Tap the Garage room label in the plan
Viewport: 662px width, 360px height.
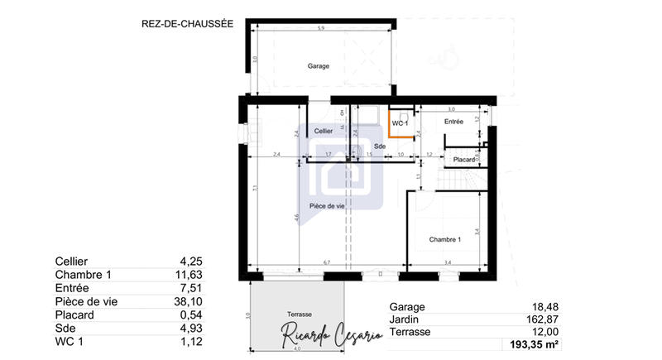pyautogui.click(x=319, y=65)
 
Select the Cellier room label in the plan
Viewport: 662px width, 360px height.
pyautogui.click(x=324, y=132)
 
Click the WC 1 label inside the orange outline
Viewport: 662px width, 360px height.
pyautogui.click(x=401, y=123)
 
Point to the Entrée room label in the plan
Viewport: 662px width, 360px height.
pyautogui.click(x=453, y=122)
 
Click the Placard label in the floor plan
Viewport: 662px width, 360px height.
pyautogui.click(x=464, y=159)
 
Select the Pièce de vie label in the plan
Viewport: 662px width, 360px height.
pyautogui.click(x=328, y=205)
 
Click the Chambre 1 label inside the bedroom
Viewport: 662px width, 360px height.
pyautogui.click(x=444, y=240)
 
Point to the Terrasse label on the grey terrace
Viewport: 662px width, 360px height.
pyautogui.click(x=300, y=314)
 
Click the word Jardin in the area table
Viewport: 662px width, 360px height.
pyautogui.click(x=405, y=318)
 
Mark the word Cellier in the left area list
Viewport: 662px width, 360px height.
pyautogui.click(x=71, y=262)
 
